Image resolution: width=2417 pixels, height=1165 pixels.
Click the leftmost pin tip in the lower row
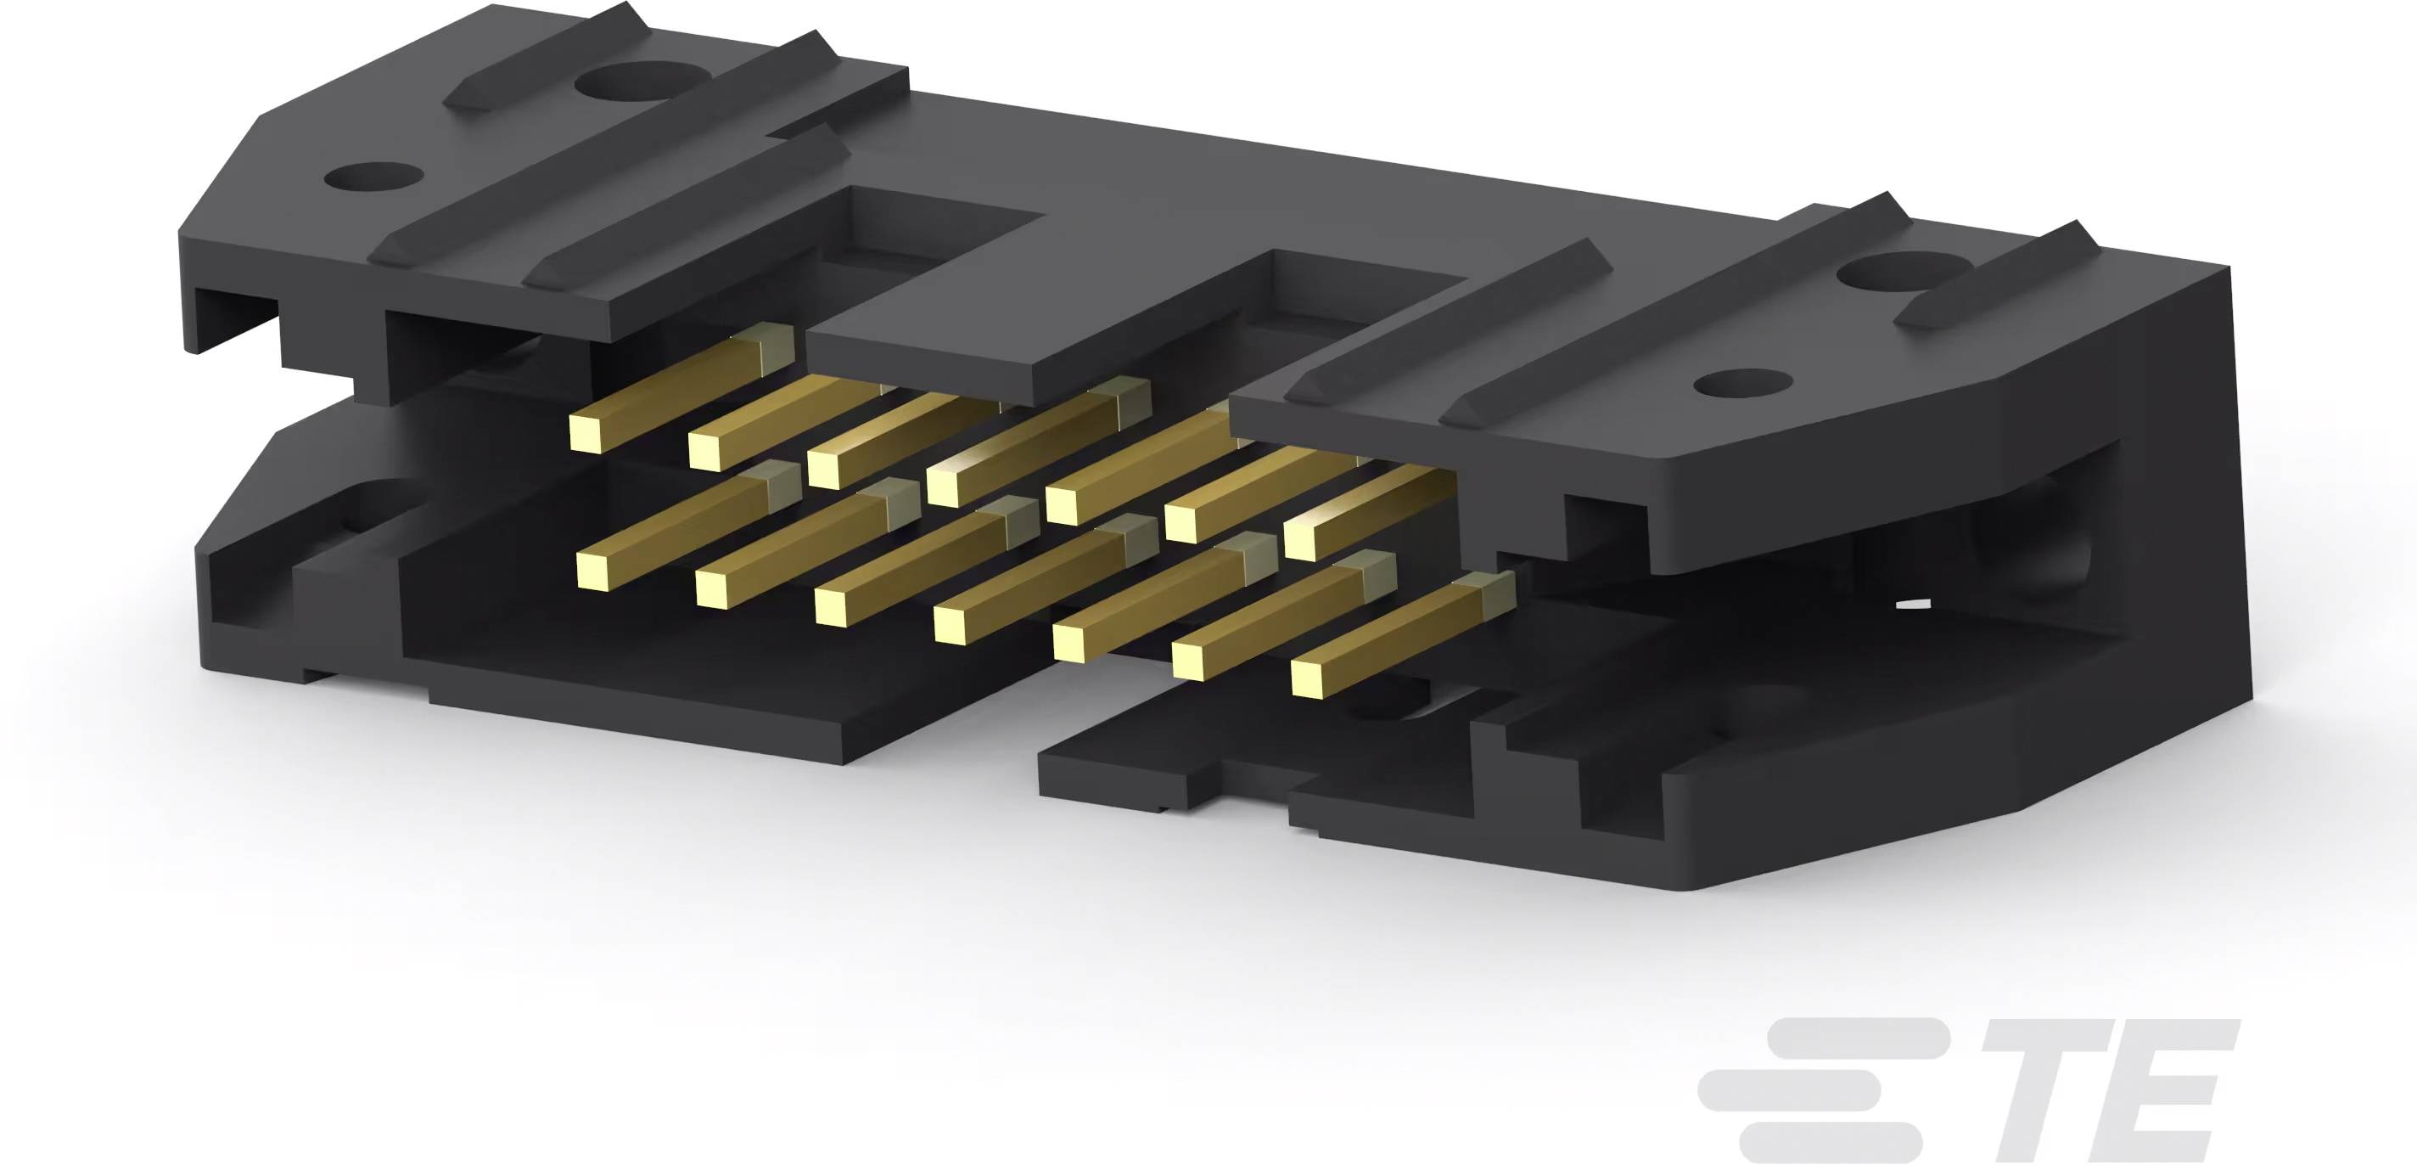(593, 570)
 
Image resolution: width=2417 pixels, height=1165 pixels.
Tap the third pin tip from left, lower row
(832, 607)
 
